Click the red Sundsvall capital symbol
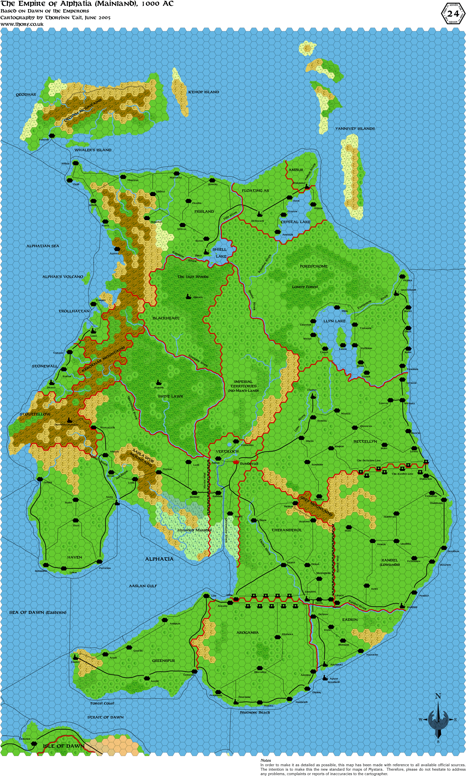click(x=236, y=462)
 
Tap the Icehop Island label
click(x=203, y=92)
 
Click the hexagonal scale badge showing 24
click(x=453, y=13)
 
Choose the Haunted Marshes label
click(x=194, y=530)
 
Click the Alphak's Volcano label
click(x=63, y=277)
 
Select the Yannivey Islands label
click(x=355, y=128)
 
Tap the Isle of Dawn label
click(x=64, y=746)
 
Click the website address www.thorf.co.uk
click(x=22, y=24)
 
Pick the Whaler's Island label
click(x=93, y=150)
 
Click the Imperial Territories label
click(x=244, y=386)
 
